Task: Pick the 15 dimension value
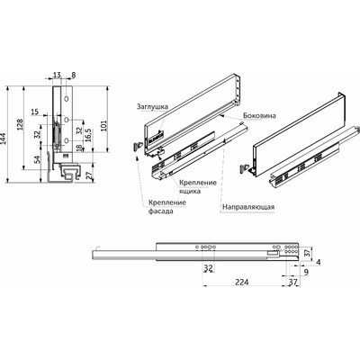point(35,112)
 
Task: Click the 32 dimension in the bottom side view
point(208,267)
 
